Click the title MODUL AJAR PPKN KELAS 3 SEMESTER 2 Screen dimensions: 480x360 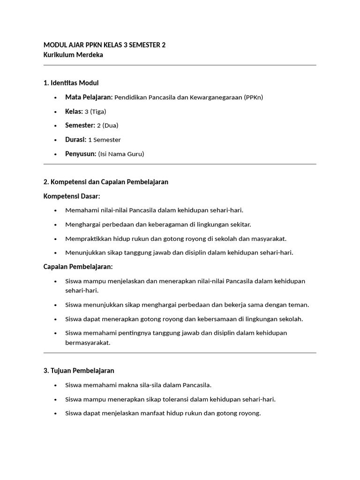click(105, 45)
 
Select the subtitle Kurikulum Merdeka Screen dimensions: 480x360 click(73, 55)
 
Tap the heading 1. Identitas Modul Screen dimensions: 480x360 click(71, 83)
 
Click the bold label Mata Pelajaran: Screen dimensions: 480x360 click(89, 97)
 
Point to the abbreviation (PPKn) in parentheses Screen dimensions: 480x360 click(254, 97)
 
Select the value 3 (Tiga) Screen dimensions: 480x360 click(95, 112)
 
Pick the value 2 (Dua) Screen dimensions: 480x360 click(107, 126)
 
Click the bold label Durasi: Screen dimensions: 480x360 click(75, 140)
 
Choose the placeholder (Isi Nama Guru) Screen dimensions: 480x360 click(121, 154)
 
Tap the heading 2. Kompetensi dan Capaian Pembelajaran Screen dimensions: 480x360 click(105, 182)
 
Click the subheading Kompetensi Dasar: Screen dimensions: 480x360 click(72, 196)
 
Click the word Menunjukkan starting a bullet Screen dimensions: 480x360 click(84, 253)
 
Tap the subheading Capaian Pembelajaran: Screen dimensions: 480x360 click(78, 267)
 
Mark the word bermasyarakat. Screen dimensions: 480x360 click(88, 343)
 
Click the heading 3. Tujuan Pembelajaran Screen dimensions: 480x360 click(79, 371)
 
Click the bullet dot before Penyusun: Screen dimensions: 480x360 click(55, 154)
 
